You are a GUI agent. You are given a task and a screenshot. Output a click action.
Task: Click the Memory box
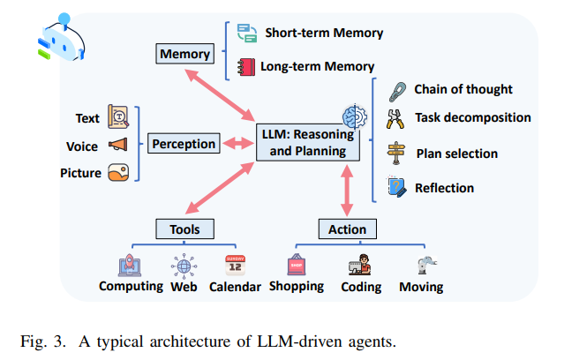click(184, 55)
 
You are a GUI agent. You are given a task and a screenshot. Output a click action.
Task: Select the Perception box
click(184, 144)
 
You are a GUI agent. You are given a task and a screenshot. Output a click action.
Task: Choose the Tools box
click(184, 229)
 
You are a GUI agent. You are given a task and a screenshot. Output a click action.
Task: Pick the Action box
click(346, 229)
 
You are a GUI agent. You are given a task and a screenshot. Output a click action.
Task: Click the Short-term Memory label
click(324, 34)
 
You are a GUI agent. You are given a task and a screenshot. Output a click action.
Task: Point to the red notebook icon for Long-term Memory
click(245, 66)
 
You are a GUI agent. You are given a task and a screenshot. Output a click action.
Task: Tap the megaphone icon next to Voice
click(118, 145)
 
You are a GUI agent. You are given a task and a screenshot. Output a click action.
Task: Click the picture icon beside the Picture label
click(118, 174)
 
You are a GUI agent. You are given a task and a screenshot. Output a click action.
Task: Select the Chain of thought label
click(463, 89)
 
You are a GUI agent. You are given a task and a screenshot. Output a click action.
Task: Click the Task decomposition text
click(472, 117)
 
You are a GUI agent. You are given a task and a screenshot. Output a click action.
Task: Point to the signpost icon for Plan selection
click(398, 154)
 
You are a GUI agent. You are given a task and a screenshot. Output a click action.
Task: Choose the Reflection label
click(444, 187)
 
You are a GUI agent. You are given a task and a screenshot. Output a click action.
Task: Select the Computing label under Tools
click(131, 286)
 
